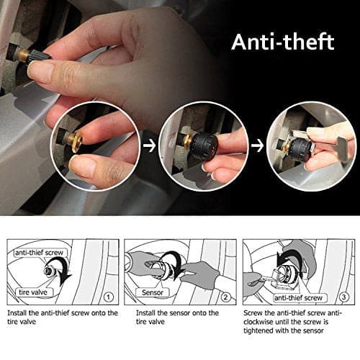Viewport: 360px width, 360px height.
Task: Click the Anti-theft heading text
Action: pos(283,42)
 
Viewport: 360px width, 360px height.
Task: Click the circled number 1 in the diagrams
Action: pos(108,297)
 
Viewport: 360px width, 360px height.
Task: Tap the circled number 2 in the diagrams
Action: pos(225,297)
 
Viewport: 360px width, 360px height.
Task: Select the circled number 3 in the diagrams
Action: pos(343,297)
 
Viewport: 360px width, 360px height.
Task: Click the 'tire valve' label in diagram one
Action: pos(33,292)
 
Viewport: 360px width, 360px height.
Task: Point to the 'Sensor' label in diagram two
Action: pos(153,292)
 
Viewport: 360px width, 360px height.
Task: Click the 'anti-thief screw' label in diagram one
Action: pos(39,253)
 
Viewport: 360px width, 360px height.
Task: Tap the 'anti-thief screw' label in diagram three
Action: pos(298,298)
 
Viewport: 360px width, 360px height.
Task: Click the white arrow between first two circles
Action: pos(149,146)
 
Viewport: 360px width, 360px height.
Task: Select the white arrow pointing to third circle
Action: pos(257,146)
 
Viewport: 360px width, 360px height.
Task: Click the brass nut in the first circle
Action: pos(76,142)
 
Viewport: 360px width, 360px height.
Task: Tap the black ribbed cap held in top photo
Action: pos(40,58)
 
